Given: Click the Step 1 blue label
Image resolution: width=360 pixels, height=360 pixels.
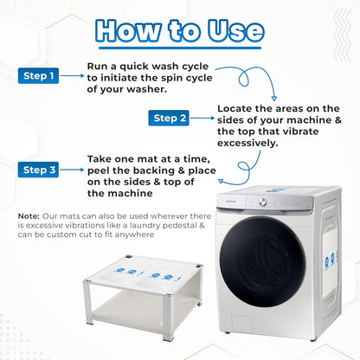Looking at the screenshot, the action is pos(38,76).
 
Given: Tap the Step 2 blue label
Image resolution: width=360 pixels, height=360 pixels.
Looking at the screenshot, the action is pos(169,118).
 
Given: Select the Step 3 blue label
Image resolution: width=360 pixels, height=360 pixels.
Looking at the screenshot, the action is pos(38,170).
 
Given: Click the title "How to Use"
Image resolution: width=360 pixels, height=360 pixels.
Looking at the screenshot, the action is pos(180,30).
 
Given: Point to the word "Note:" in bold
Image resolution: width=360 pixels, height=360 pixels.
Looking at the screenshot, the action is pos(29,216).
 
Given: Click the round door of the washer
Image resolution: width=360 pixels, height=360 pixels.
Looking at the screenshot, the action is pos(262,262).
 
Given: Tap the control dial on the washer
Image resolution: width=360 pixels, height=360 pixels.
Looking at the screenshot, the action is pos(262,202).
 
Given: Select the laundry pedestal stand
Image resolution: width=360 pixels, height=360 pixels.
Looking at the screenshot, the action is pos(144,297).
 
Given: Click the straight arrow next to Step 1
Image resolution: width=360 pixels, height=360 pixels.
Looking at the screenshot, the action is pos(72,76).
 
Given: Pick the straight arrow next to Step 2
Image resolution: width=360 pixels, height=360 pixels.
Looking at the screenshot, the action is pos(202,118).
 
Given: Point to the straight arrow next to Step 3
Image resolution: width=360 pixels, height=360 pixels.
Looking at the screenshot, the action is pos(72,170).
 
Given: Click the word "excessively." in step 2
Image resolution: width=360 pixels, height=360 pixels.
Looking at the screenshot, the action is pos(247,143).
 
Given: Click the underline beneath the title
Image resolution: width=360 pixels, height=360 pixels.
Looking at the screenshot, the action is pos(180,48).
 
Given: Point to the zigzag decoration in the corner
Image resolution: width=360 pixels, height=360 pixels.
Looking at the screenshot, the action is pos(343,35).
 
